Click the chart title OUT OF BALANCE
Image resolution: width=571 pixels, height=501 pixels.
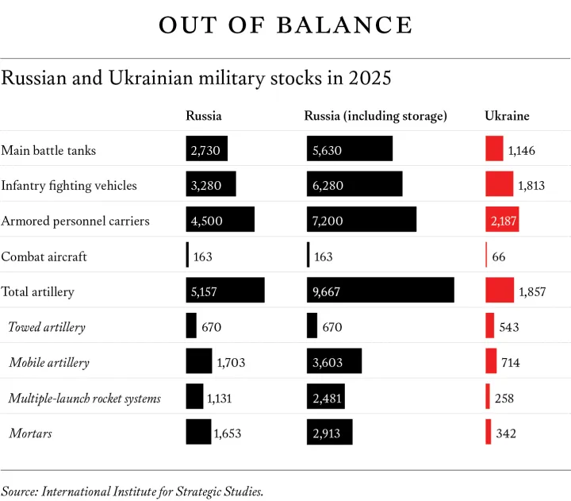pos(285,25)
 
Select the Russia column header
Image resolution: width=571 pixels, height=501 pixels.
pos(204,116)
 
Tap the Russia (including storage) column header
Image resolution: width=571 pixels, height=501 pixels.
pos(376,116)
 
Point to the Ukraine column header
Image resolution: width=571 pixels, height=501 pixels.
pos(507,116)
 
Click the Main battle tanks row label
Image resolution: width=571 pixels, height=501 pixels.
pos(49,150)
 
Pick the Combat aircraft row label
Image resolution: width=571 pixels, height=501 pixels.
pos(44,256)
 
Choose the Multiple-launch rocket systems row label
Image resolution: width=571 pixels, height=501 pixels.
pos(85,398)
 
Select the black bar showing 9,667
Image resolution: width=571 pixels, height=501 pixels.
pos(381,291)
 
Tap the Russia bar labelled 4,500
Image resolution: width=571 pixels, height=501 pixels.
pos(220,220)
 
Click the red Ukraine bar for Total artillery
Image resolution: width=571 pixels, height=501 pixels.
pos(500,291)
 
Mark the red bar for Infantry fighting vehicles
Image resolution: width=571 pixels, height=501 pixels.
pos(500,185)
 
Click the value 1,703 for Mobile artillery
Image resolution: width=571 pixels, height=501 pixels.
pos(231,363)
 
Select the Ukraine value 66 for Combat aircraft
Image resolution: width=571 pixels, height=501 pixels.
pos(499,256)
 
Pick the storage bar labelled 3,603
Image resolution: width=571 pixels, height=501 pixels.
pos(334,362)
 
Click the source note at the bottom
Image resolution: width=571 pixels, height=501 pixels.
pos(132,491)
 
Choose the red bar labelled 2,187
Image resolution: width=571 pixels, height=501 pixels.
pos(502,220)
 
